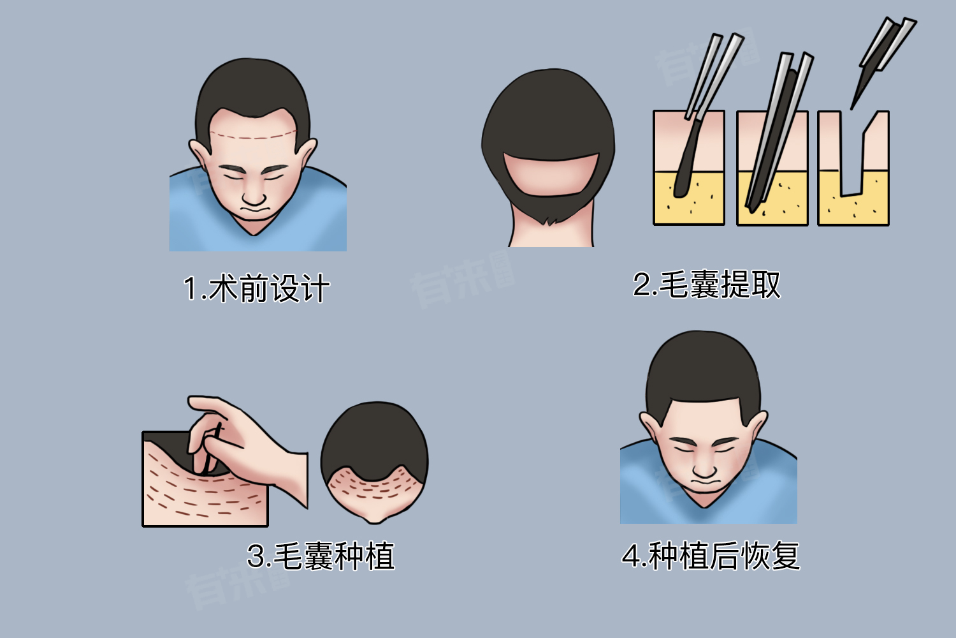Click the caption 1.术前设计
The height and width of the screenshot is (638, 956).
(256, 288)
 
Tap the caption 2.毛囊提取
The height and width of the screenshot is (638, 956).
(706, 284)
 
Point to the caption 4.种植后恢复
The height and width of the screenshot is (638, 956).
(711, 556)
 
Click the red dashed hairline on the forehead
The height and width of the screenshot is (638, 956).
(254, 136)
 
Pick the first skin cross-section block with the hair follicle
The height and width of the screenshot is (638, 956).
(689, 168)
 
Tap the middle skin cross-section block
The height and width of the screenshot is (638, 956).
(772, 168)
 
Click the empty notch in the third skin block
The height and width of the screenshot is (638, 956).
(852, 163)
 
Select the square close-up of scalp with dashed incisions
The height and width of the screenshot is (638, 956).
(205, 479)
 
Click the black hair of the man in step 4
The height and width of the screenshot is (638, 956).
(704, 367)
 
